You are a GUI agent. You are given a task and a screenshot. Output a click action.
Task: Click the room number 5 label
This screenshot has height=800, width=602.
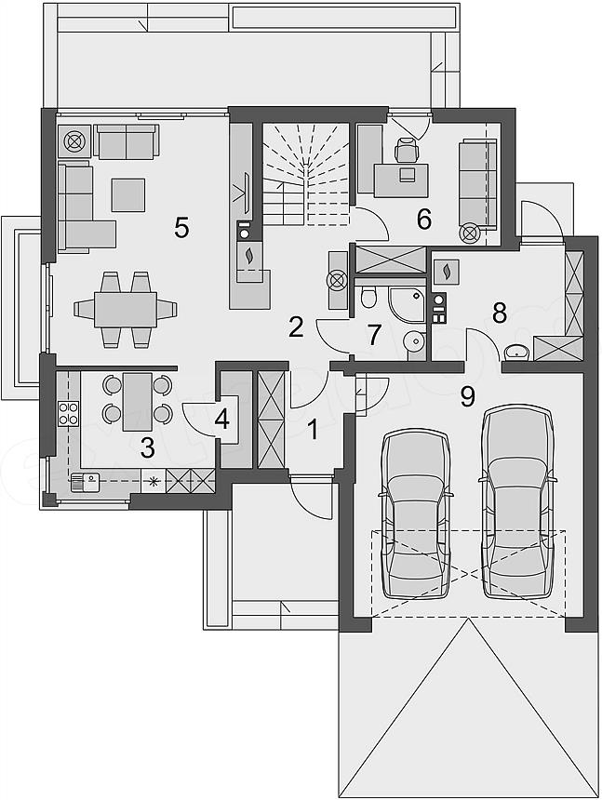click(x=181, y=227)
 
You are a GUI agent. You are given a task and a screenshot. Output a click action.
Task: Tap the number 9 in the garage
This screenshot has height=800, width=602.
click(x=467, y=396)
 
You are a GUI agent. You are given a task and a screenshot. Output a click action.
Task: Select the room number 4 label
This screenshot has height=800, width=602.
click(x=222, y=420)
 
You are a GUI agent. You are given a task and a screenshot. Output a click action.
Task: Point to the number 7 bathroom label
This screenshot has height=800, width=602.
click(x=374, y=335)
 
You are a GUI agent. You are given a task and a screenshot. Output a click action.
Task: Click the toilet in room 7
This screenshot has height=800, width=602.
click(x=367, y=297)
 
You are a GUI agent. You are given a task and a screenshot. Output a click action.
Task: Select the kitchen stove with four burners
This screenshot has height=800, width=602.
click(x=68, y=413)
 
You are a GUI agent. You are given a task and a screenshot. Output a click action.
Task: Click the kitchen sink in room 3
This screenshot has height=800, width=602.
click(x=85, y=482)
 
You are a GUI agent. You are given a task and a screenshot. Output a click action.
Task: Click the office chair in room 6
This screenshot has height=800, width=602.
click(x=406, y=151)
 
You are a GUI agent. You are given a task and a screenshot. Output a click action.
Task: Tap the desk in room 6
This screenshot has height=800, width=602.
click(x=401, y=180)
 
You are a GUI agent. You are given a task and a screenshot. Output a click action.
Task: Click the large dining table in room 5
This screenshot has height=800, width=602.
click(x=125, y=309)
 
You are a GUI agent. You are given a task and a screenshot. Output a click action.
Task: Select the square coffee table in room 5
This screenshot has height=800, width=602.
click(x=128, y=194)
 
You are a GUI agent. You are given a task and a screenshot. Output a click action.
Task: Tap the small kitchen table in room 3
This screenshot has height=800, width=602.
click(x=137, y=402)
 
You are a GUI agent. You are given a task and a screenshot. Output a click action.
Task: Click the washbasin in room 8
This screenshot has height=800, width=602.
click(x=516, y=352)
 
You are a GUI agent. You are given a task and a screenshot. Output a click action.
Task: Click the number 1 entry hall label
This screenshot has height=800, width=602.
click(x=313, y=429)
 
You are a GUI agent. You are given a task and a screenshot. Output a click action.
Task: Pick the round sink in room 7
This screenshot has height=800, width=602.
click(x=414, y=340)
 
